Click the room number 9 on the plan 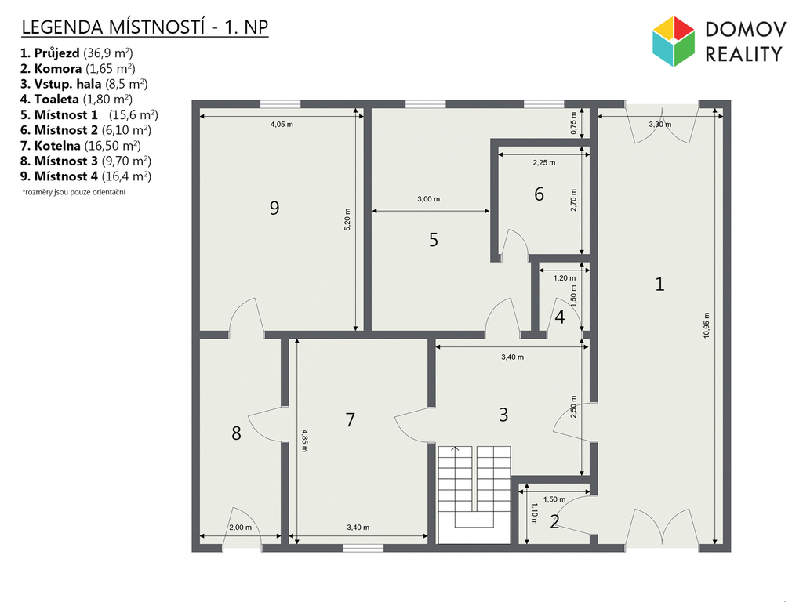point(274,208)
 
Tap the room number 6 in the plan point(539,194)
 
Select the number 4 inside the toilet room point(560,317)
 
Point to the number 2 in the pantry point(554,521)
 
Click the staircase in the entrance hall point(474,495)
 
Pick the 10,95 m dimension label point(707,325)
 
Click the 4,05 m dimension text point(282,125)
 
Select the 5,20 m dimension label point(347,219)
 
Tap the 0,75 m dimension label point(573,123)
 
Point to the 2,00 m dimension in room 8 point(240,528)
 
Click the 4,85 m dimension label point(304,441)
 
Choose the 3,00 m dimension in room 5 point(429,199)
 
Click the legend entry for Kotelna point(81,146)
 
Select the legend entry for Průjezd point(77,53)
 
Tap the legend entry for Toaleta point(76,100)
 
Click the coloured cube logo point(674,42)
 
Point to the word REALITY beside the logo point(744,54)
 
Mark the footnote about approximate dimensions point(74,193)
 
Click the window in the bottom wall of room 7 point(363,548)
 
